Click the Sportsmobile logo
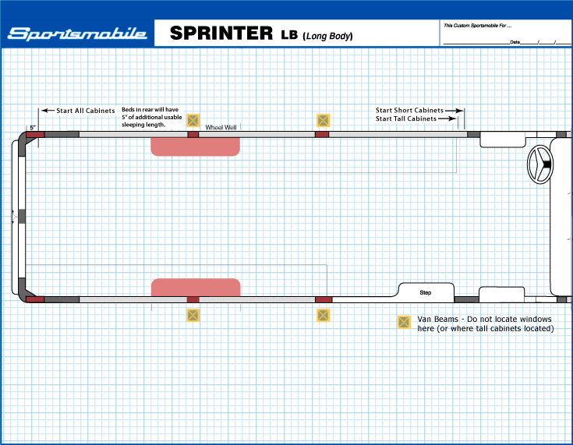(76, 34)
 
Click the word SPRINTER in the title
(219, 34)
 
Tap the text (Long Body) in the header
(327, 36)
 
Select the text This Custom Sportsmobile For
(476, 26)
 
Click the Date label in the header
(515, 41)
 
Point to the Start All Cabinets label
(85, 111)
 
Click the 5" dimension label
(34, 127)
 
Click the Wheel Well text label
(221, 127)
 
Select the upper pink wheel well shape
(195, 147)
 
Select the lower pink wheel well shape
(195, 287)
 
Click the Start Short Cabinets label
(409, 111)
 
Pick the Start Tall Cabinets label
(406, 119)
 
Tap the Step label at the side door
(426, 293)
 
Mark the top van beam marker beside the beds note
(194, 120)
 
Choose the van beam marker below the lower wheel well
(193, 316)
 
